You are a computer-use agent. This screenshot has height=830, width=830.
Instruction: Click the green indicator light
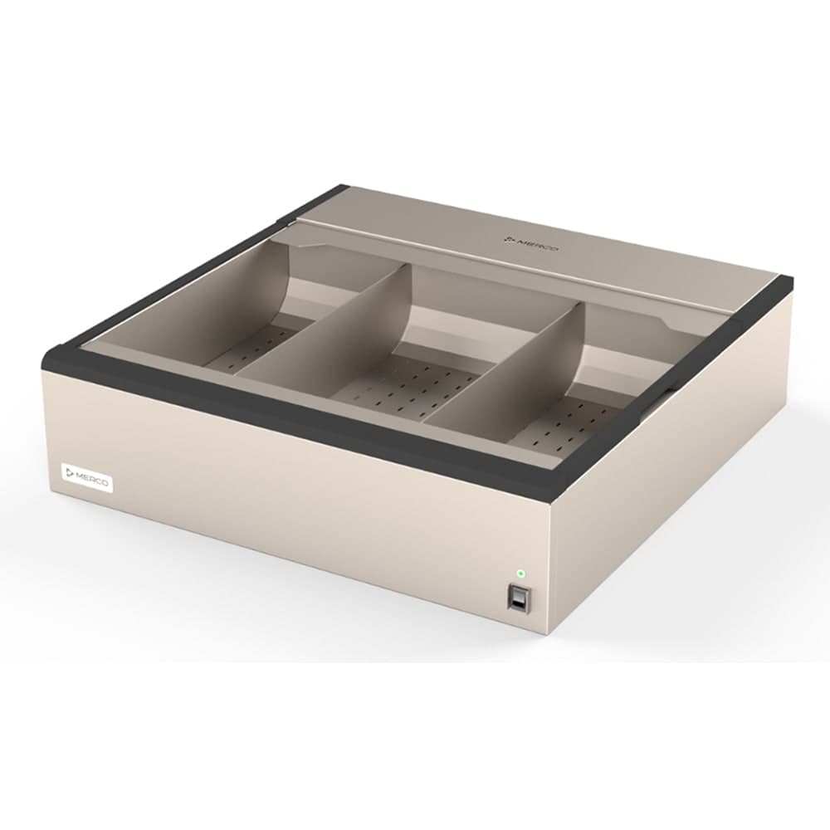pyautogui.click(x=520, y=573)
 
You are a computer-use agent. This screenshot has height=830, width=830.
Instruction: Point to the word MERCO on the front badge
pyautogui.click(x=93, y=481)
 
